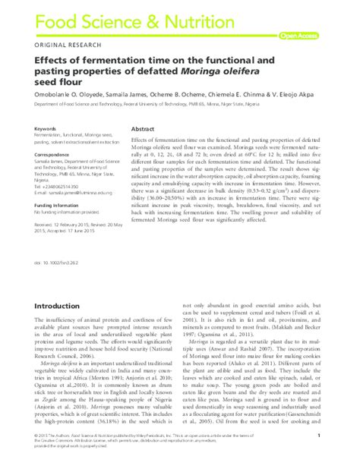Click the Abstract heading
144,129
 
